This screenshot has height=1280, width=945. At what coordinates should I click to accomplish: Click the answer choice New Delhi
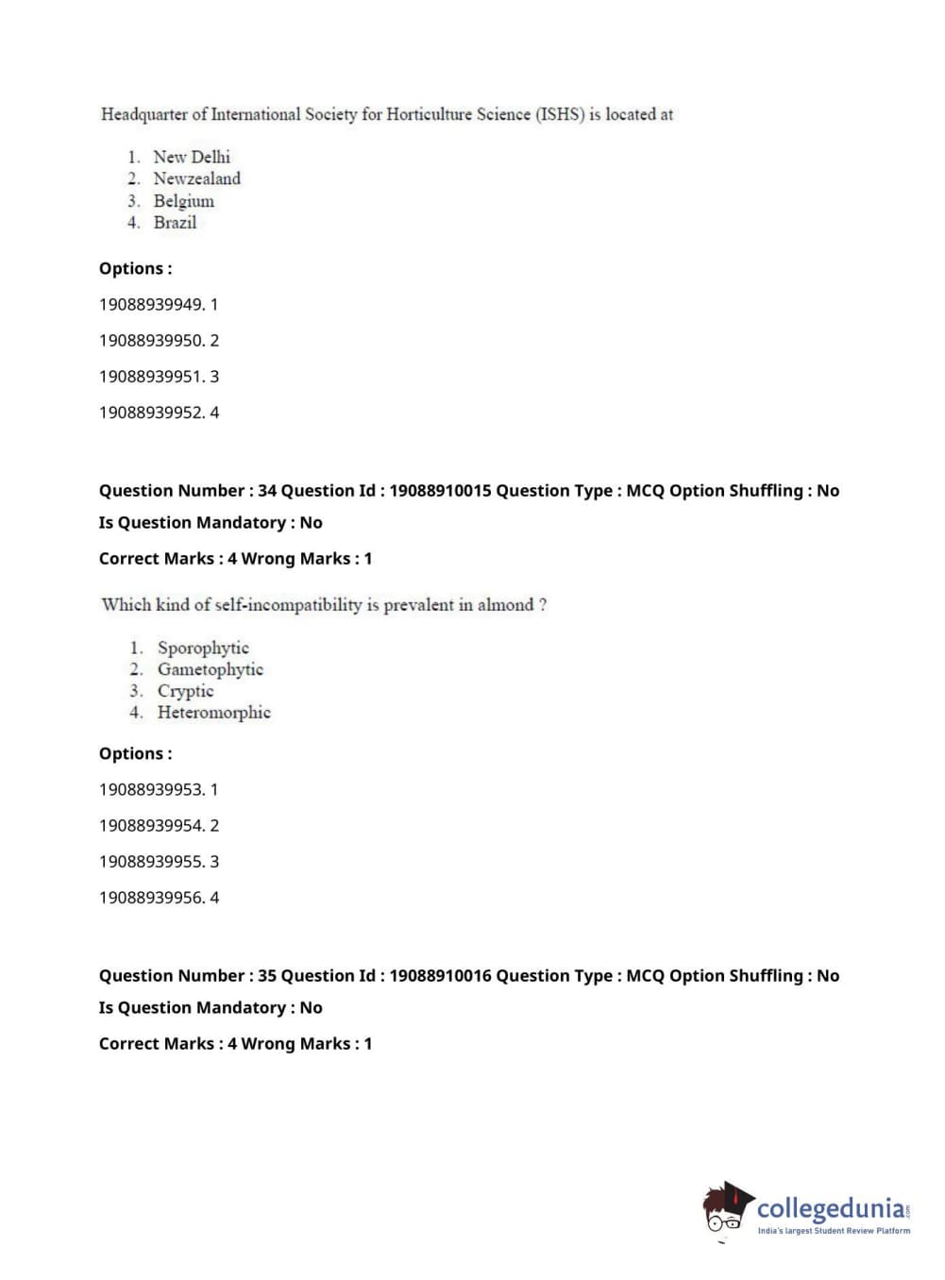point(192,157)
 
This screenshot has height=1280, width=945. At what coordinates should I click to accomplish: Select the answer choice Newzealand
point(196,178)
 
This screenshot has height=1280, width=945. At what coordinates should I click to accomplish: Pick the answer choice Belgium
point(183,201)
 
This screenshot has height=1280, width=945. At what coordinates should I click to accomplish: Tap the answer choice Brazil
point(175,223)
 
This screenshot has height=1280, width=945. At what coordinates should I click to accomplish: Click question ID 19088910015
point(440,491)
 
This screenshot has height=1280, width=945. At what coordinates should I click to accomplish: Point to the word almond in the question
point(505,605)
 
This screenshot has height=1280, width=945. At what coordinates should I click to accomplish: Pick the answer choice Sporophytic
point(203,648)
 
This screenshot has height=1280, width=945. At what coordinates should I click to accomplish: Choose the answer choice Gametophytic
point(210,669)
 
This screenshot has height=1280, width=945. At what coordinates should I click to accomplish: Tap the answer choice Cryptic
point(185,691)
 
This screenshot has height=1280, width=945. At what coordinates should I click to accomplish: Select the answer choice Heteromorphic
point(213,713)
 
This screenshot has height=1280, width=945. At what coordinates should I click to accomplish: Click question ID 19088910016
point(440,976)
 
